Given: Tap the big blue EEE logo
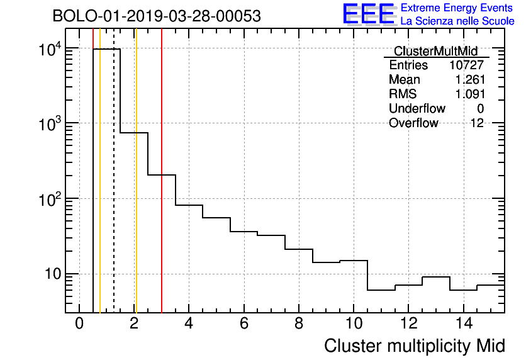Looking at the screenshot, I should click(369, 14).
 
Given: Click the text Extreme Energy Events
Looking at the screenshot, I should click(457, 8).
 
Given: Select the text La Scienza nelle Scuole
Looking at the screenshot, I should click(457, 21).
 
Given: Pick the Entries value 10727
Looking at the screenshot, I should click(466, 65).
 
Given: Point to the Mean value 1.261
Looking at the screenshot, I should click(469, 80).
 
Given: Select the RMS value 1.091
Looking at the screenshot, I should click(469, 94).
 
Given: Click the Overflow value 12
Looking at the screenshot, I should click(477, 123).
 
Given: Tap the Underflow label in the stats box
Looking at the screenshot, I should click(417, 109).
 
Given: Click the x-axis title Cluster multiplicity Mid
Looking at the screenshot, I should click(414, 346).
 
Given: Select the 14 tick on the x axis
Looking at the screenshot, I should click(463, 323).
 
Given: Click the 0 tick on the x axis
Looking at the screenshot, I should click(79, 323).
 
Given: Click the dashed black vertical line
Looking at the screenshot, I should click(114, 189).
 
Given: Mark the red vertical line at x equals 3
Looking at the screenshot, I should click(162, 220).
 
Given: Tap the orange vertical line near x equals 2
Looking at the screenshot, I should click(136, 189).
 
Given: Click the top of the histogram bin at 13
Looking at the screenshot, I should click(435, 277).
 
